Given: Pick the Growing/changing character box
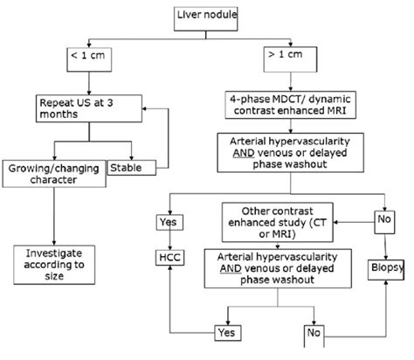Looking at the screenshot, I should click(54, 172).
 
